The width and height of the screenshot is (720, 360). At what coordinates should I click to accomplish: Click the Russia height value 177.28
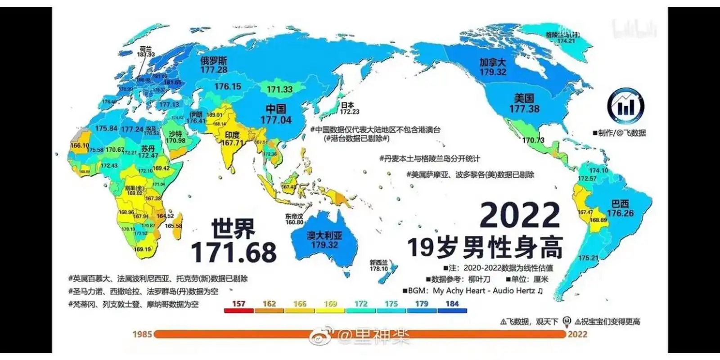[x=214, y=70]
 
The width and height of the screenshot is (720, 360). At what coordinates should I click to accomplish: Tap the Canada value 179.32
[x=493, y=72]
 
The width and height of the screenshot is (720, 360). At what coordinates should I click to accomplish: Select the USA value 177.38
[x=524, y=108]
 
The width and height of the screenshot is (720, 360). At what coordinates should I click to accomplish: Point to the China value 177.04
[x=276, y=120]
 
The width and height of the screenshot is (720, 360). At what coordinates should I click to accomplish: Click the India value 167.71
[x=232, y=143]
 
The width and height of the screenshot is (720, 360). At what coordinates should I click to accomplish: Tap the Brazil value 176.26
[x=620, y=213]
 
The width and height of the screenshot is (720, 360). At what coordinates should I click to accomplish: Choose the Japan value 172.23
[x=350, y=112]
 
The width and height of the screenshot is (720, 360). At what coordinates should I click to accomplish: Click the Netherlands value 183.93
[x=146, y=54]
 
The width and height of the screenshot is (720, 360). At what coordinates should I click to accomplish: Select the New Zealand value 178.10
[x=378, y=269]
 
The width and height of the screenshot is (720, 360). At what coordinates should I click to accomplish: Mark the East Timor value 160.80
[x=294, y=222]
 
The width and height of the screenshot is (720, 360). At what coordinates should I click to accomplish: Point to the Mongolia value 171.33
[x=279, y=90]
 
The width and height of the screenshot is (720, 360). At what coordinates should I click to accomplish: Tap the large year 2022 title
[x=520, y=216]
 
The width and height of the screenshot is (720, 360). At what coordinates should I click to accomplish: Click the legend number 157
[x=238, y=304]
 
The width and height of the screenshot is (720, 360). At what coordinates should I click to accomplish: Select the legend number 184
[x=452, y=304]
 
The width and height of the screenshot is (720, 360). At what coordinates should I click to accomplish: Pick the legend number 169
[x=330, y=304]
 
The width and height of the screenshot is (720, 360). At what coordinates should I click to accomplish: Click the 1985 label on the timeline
[x=142, y=334]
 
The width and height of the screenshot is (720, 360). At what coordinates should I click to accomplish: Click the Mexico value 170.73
[x=533, y=140]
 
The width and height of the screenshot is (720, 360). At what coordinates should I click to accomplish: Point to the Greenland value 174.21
[x=566, y=41]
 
